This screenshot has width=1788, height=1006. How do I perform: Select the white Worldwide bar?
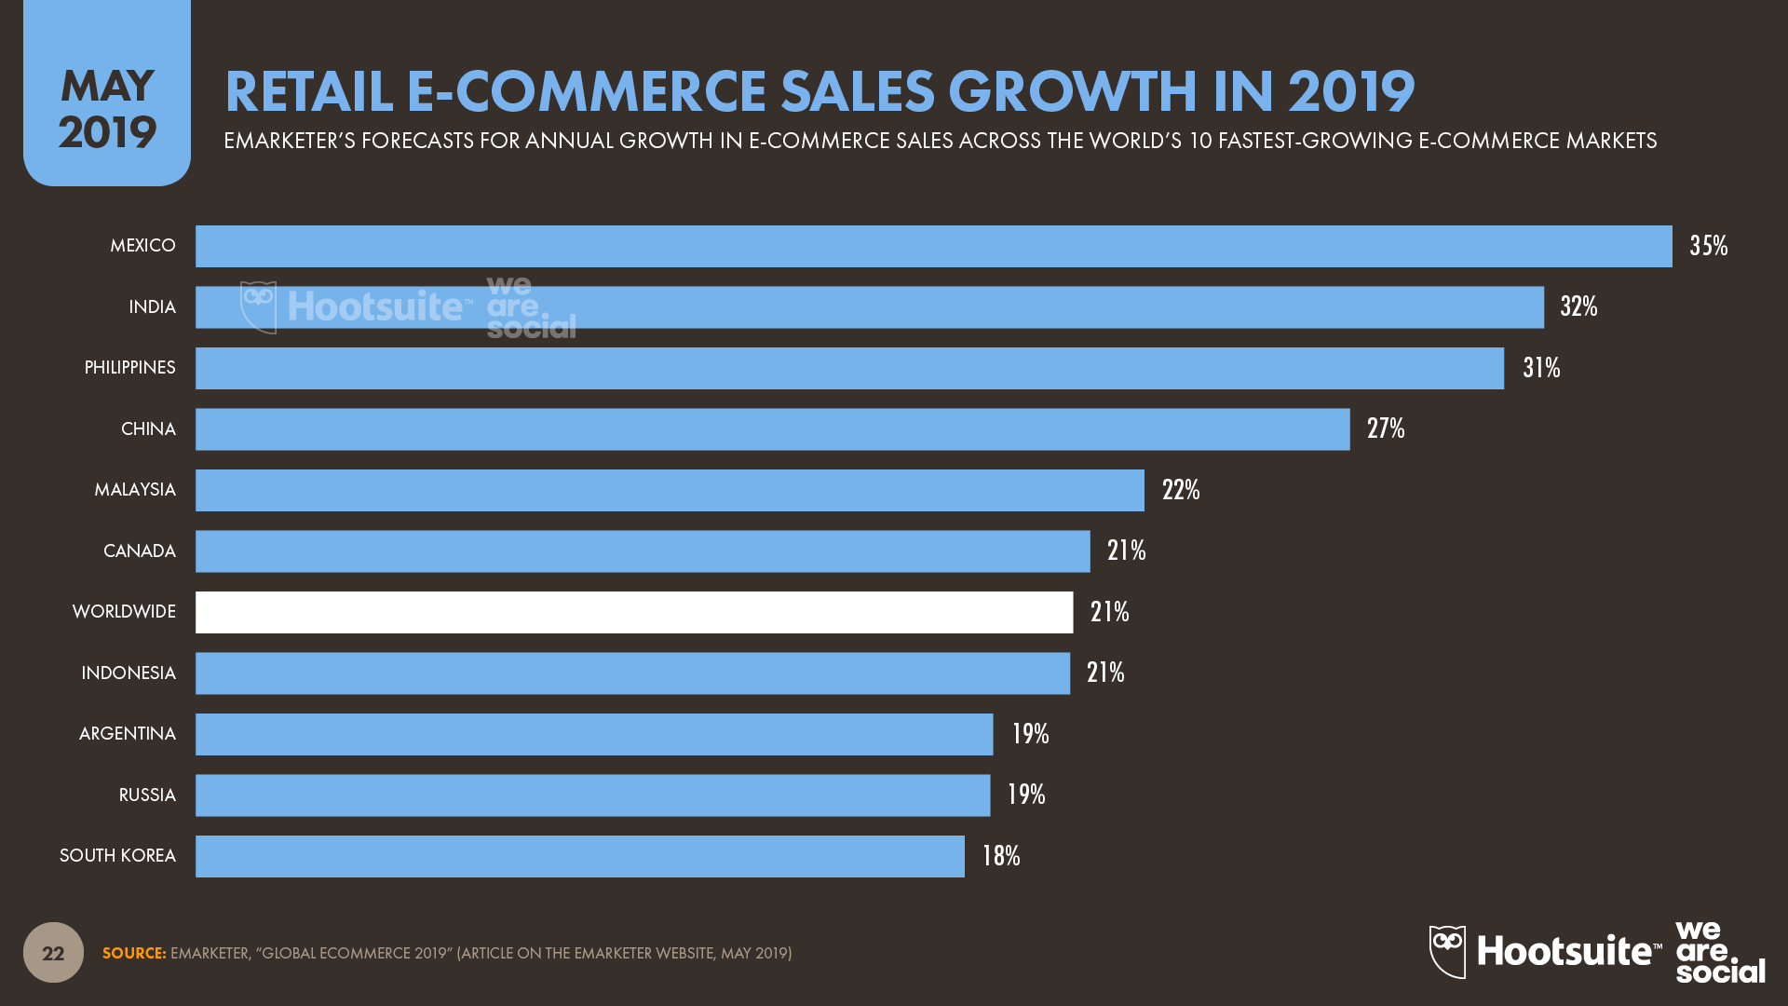tap(633, 612)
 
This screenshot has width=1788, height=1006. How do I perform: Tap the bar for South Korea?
tap(579, 856)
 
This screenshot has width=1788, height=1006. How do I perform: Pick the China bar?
tap(772, 429)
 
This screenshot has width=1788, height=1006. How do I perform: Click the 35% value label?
tap(1708, 246)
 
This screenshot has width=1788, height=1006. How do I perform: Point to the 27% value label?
tap(1385, 428)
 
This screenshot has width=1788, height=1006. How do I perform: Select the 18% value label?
tap(1000, 856)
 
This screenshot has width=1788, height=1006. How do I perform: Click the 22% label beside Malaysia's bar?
tap(1180, 490)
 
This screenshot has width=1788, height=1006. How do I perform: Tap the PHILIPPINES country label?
tap(129, 368)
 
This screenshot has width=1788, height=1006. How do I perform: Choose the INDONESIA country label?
tap(129, 673)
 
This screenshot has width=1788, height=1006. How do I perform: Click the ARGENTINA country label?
tap(128, 734)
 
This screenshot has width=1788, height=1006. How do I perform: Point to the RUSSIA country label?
tap(147, 795)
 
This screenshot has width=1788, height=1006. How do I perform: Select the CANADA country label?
tap(140, 551)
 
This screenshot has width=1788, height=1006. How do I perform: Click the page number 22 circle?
tap(53, 952)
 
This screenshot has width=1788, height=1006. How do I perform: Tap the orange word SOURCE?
tap(134, 953)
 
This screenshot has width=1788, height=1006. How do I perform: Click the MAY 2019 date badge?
tap(107, 108)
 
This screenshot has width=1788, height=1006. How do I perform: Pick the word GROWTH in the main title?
tap(1072, 91)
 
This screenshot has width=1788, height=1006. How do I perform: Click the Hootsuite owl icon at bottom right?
tap(1447, 951)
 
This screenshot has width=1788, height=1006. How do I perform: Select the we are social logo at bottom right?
tap(1719, 952)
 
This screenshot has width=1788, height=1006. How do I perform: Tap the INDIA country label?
tap(152, 307)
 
